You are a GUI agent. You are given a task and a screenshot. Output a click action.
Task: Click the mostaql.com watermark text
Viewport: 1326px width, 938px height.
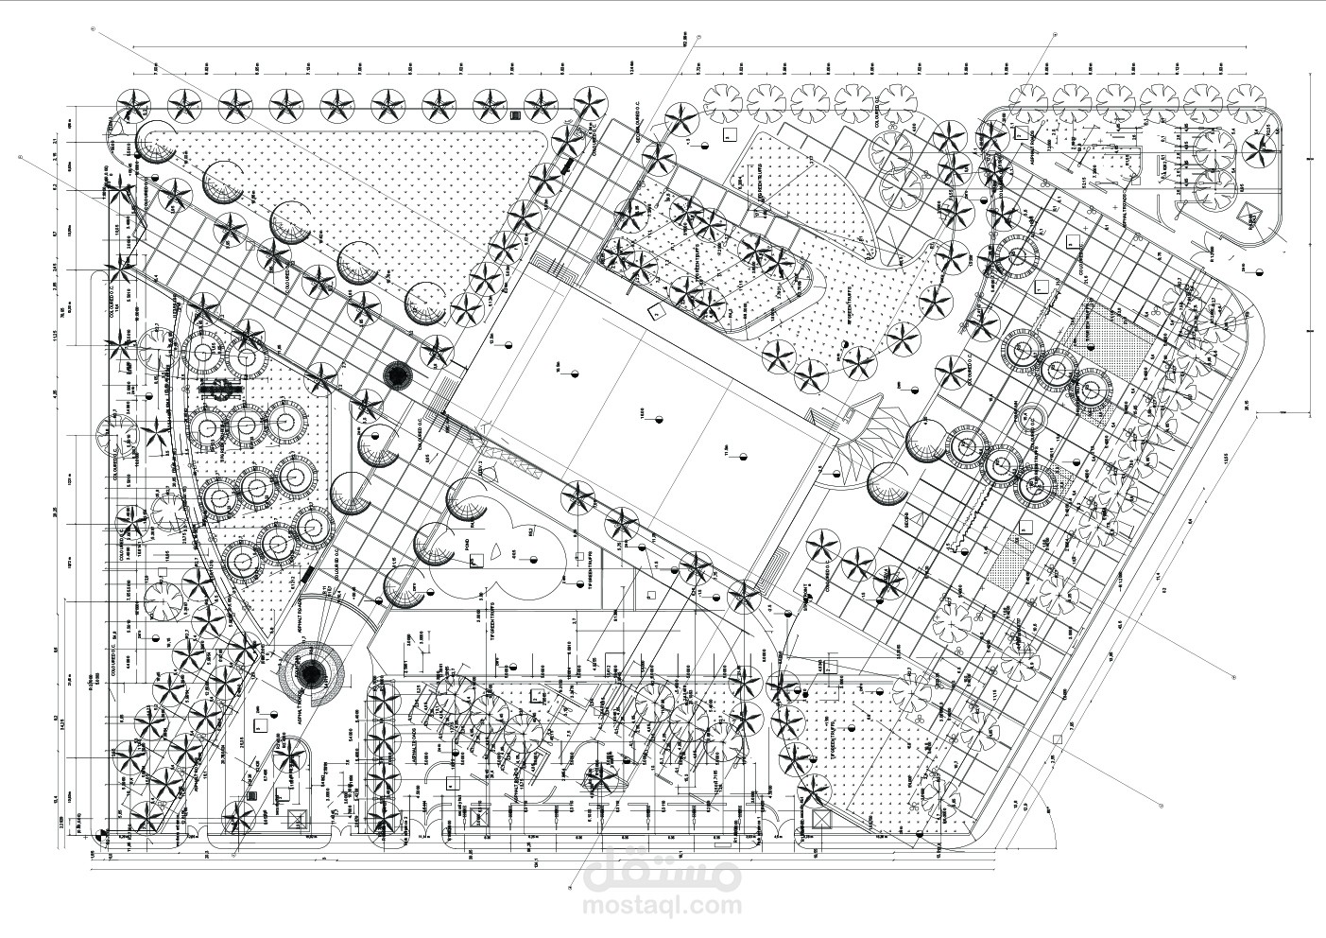click(x=662, y=906)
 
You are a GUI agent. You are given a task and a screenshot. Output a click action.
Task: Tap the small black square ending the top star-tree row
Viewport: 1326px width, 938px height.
click(x=515, y=115)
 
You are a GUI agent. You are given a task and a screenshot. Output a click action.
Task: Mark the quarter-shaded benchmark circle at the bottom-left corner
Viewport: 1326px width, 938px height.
click(x=102, y=835)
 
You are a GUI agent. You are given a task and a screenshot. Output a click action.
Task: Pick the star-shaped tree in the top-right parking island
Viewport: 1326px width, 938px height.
click(x=1260, y=146)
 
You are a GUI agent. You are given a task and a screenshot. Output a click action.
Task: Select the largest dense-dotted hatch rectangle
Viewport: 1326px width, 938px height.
click(x=1111, y=337)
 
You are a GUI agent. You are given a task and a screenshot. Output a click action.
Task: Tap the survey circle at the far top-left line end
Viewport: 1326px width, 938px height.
click(x=93, y=29)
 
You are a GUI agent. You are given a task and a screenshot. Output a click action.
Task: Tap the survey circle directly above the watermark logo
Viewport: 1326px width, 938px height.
click(x=570, y=889)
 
